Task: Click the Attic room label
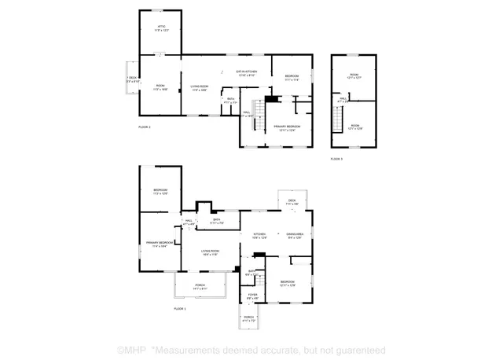(160, 28)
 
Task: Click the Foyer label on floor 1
(251, 297)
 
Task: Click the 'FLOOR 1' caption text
(180, 309)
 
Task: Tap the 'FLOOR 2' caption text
(144, 127)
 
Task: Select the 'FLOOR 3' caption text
(336, 159)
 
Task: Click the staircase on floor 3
(339, 121)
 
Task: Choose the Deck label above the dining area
(292, 202)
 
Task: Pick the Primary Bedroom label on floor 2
(288, 127)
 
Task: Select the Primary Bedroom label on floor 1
(160, 244)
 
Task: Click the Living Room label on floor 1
(210, 252)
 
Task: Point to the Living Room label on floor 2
(200, 87)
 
